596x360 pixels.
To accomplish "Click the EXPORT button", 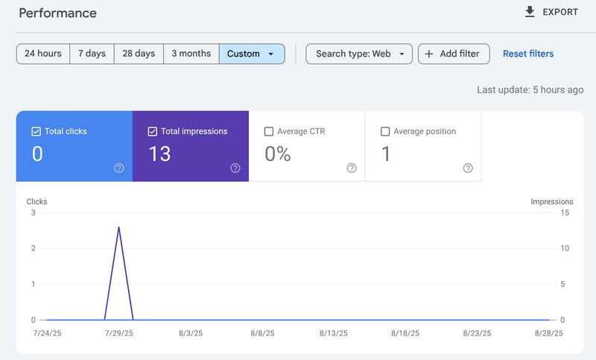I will [551, 12].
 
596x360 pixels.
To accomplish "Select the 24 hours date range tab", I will [43, 54].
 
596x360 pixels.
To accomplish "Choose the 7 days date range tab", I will [92, 54].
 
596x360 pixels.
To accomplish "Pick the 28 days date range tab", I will [139, 54].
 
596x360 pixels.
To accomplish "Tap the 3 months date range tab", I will [191, 54].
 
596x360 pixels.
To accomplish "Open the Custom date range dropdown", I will [252, 54].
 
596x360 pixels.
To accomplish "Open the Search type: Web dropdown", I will [359, 54].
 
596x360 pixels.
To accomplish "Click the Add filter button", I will [454, 54].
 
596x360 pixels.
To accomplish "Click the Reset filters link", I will [528, 54].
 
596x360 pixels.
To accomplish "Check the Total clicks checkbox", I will [36, 131].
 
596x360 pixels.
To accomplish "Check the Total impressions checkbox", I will [152, 131].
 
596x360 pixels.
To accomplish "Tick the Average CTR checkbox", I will [269, 131].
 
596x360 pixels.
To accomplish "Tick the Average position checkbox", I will [385, 131].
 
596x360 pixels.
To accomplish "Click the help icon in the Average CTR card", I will [352, 168].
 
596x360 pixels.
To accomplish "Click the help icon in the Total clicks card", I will [119, 168].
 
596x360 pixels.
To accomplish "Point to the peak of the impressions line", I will [119, 227].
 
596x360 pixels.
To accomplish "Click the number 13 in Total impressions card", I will [159, 154].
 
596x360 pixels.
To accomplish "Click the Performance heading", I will [57, 13].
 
